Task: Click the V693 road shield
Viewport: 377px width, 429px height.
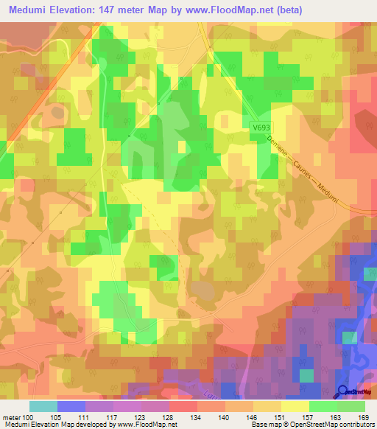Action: pyautogui.click(x=256, y=128)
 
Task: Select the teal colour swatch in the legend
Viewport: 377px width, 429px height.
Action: pyautogui.click(x=43, y=406)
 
